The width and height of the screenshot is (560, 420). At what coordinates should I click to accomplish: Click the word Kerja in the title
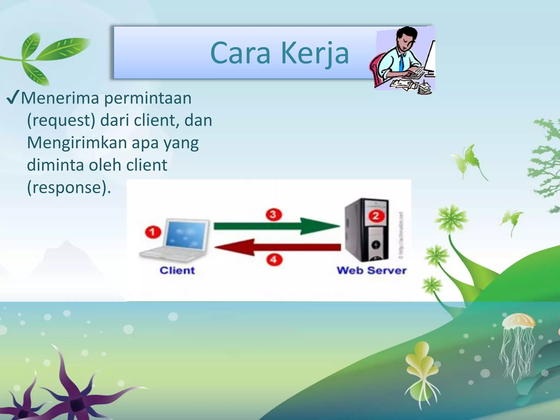pyautogui.click(x=315, y=54)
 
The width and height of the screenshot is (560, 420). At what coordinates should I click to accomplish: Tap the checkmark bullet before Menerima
pyautogui.click(x=13, y=98)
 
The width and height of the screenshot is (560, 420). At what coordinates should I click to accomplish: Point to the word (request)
pyautogui.click(x=61, y=121)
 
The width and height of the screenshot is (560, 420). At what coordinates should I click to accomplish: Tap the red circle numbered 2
pyautogui.click(x=376, y=216)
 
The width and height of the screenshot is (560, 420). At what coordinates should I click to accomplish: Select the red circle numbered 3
pyautogui.click(x=273, y=215)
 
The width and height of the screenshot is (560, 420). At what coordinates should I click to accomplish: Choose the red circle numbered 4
pyautogui.click(x=274, y=259)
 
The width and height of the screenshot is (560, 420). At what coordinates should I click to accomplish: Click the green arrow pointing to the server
pyautogui.click(x=276, y=226)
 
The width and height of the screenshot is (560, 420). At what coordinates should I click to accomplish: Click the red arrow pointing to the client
pyautogui.click(x=278, y=247)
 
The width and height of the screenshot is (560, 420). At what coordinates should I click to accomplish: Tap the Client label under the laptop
pyautogui.click(x=177, y=270)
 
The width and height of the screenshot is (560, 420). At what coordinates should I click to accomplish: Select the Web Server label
pyautogui.click(x=371, y=270)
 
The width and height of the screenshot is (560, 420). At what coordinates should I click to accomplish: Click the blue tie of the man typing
pyautogui.click(x=401, y=63)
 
